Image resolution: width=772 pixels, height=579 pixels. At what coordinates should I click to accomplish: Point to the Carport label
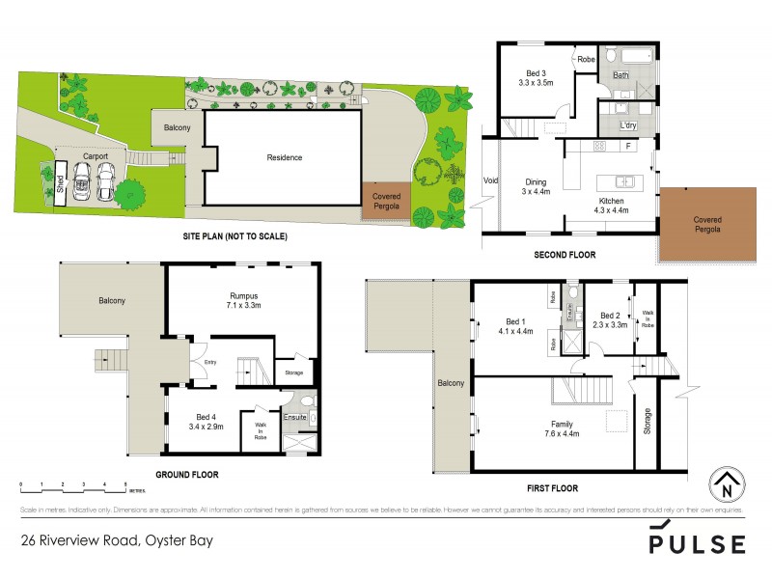point(95,155)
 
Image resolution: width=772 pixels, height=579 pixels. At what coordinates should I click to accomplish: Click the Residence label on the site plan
point(285,157)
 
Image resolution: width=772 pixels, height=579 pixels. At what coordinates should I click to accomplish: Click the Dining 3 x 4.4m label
point(535,186)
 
